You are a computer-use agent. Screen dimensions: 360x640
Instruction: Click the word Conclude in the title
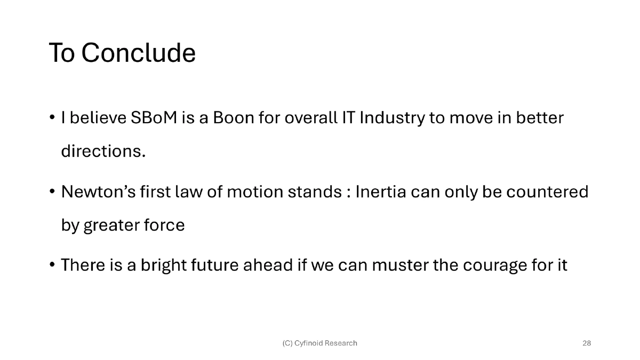(x=139, y=53)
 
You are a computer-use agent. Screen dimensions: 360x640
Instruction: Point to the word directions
(x=103, y=151)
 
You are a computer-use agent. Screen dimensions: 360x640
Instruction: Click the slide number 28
(x=587, y=343)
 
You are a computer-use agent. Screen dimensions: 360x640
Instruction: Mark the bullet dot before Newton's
(x=52, y=191)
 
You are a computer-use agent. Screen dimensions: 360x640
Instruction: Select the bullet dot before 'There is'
(x=52, y=265)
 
